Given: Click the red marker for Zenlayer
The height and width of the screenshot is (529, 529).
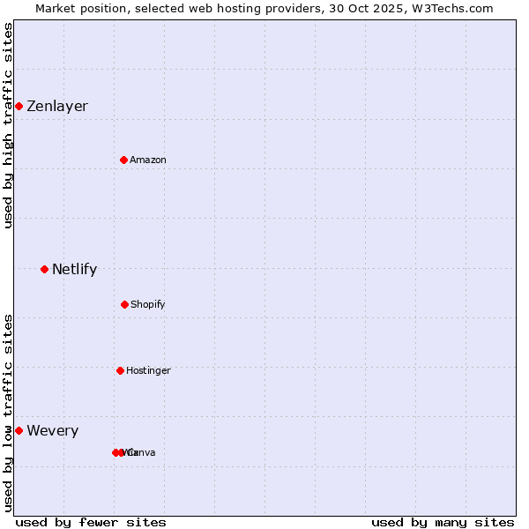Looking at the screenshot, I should pos(19,107).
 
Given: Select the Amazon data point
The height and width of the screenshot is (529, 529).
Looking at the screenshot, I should pos(124,160).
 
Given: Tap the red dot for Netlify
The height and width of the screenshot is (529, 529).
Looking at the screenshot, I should pos(44,269).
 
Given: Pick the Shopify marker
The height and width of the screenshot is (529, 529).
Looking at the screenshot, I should pos(124,304).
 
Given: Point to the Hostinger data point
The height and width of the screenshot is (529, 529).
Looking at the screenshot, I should pos(120,370).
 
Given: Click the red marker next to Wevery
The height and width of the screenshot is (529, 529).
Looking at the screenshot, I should pos(19,430).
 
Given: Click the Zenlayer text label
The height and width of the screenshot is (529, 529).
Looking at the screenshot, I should pos(57,107).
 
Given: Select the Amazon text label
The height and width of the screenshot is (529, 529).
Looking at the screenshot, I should pos(148,160).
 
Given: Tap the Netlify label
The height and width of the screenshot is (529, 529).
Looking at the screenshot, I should pos(74,269).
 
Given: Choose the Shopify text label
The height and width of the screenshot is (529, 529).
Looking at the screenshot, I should pos(148,304).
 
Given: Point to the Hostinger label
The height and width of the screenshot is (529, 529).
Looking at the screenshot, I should pos(148,370).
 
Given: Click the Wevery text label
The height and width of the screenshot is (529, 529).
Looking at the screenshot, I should pos(53,430).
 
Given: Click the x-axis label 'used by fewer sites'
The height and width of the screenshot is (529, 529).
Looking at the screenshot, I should pos(91,522).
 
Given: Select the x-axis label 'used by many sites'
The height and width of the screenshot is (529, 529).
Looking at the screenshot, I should pos(443,522).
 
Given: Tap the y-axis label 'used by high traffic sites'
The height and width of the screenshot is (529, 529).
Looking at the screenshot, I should pos(8,125).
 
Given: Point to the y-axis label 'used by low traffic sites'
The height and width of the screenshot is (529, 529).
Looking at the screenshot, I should pos(8,413).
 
